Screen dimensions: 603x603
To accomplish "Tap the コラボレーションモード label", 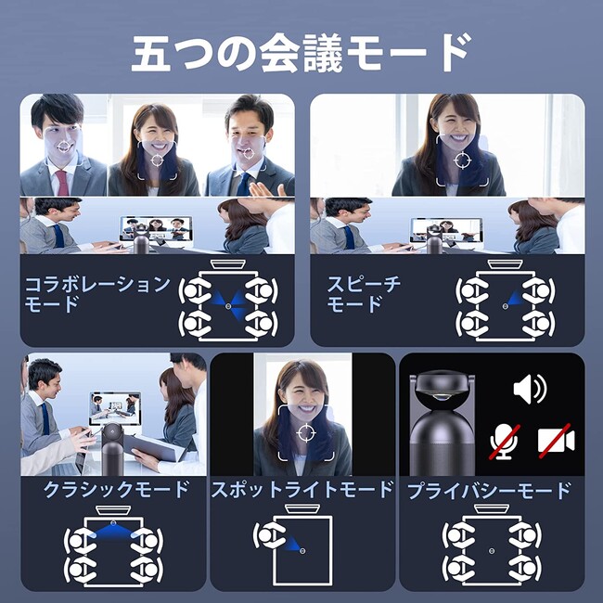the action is pyautogui.click(x=96, y=294).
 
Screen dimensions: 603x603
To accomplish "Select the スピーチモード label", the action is pyautogui.click(x=364, y=294).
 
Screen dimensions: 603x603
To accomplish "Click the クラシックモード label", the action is pyautogui.click(x=116, y=490).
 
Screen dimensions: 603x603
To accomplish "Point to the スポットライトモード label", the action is pyautogui.click(x=302, y=490).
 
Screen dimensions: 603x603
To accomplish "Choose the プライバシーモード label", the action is pyautogui.click(x=489, y=491).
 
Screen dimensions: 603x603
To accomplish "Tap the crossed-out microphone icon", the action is pyautogui.click(x=505, y=443).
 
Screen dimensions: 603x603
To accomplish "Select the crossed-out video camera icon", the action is pyautogui.click(x=556, y=441).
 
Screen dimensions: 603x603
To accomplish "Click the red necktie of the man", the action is pyautogui.click(x=63, y=183).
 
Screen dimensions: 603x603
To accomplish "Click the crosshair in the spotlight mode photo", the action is pyautogui.click(x=306, y=433).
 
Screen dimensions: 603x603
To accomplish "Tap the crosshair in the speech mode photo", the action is pyautogui.click(x=462, y=160).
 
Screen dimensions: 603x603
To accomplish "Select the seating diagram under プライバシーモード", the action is pyautogui.click(x=492, y=546).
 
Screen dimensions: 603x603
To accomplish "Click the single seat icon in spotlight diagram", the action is pyautogui.click(x=268, y=535).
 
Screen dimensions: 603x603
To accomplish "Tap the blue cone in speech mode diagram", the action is pyautogui.click(x=514, y=298).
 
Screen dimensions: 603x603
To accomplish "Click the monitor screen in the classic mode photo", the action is pyautogui.click(x=115, y=408).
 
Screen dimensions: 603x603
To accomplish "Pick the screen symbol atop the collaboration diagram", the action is pyautogui.click(x=228, y=264).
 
